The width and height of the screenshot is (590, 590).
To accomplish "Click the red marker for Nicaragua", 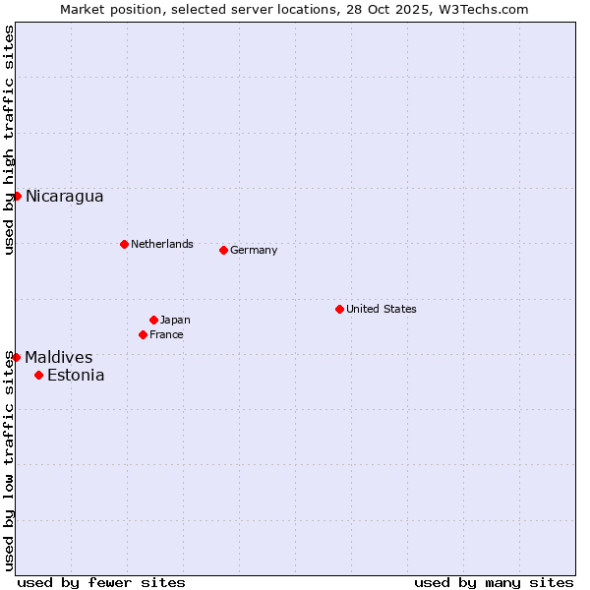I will (17, 196).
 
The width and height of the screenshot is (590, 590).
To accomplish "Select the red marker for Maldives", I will (16, 357).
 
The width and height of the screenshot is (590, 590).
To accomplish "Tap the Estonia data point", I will (38, 375).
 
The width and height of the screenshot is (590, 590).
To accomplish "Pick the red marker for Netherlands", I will (124, 244).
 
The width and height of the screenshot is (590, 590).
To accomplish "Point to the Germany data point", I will (223, 250).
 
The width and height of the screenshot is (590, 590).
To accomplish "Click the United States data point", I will (339, 309).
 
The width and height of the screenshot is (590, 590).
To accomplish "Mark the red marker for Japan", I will (153, 320).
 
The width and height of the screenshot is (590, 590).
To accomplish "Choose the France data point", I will (143, 334).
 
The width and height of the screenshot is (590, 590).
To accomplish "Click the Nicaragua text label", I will (64, 196).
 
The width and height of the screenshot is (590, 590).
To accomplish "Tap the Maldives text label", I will (59, 357).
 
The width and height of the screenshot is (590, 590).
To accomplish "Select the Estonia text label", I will (76, 375).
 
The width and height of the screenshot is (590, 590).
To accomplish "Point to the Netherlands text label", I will (162, 244).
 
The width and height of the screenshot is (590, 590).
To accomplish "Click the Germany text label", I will (254, 250).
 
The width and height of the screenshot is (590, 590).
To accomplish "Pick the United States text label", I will (382, 309).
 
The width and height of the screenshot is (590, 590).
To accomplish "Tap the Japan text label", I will (175, 320).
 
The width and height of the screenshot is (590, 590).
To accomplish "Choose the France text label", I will (166, 334).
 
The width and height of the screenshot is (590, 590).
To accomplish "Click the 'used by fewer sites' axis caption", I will (101, 582).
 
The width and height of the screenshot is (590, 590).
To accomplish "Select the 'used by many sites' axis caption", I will (494, 582).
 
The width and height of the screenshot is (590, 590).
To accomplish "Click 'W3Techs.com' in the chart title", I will (483, 9).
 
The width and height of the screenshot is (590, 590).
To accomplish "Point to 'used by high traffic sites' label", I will (9, 141).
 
